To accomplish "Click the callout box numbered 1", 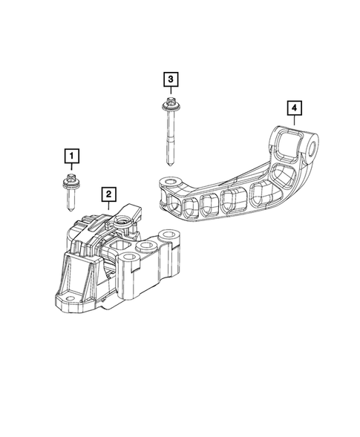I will (x=71, y=155).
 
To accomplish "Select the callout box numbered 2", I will (x=109, y=194).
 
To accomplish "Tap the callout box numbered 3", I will (x=170, y=78).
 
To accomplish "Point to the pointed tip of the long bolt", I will (x=170, y=163).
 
